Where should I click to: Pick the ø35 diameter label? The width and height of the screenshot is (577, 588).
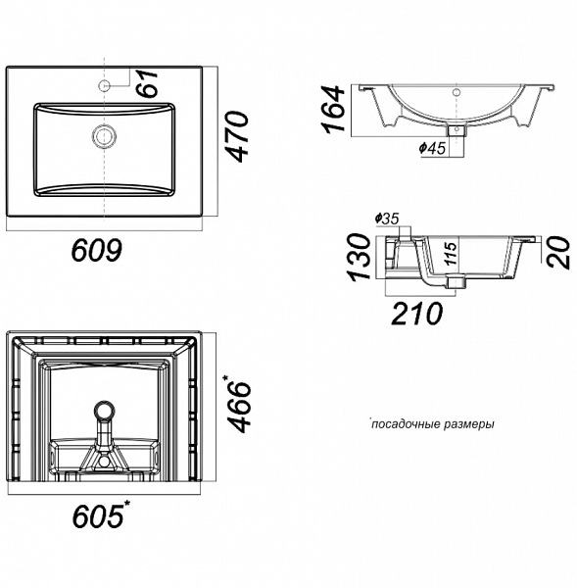click(386, 219)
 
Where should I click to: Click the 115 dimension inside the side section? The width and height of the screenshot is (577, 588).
click(447, 256)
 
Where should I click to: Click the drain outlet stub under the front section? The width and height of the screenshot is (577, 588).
click(454, 128)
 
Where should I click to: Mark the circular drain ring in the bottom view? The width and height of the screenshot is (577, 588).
click(103, 413)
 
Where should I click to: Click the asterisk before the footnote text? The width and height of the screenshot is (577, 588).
click(371, 421)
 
